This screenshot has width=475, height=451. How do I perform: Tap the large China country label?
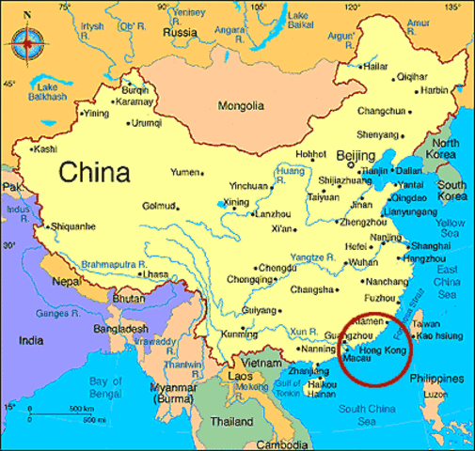[93, 173]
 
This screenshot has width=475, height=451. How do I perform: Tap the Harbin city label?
[435, 90]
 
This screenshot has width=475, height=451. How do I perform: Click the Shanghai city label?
[431, 245]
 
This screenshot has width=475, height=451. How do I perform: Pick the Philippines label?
[441, 378]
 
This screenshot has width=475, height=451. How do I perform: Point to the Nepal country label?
[68, 280]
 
